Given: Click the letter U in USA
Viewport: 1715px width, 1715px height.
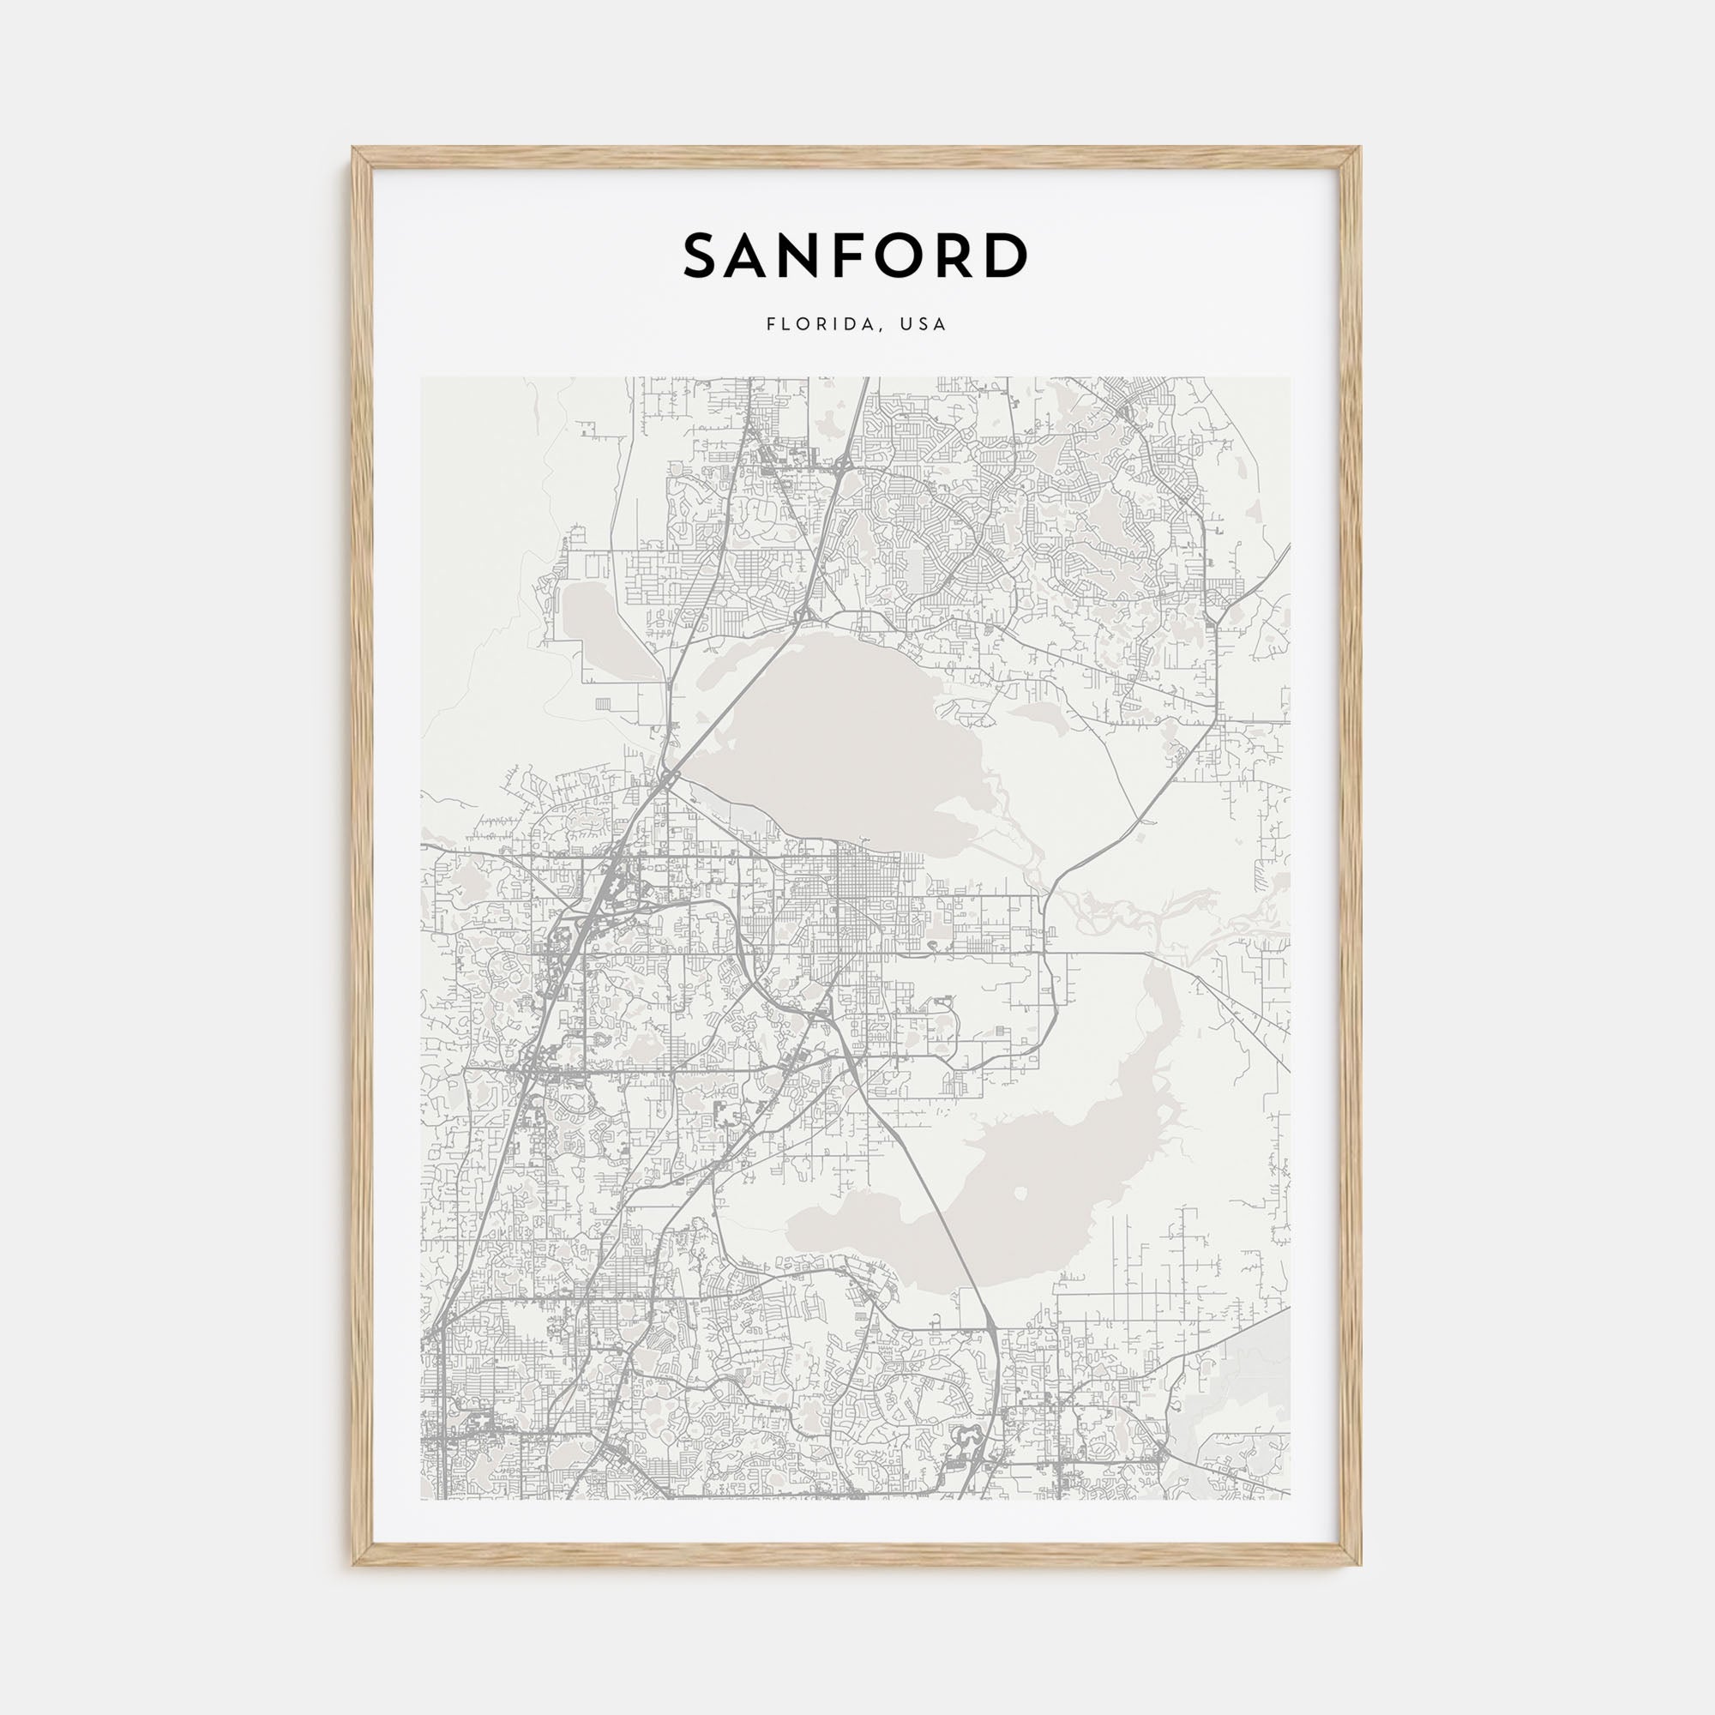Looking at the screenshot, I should click(905, 325).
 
